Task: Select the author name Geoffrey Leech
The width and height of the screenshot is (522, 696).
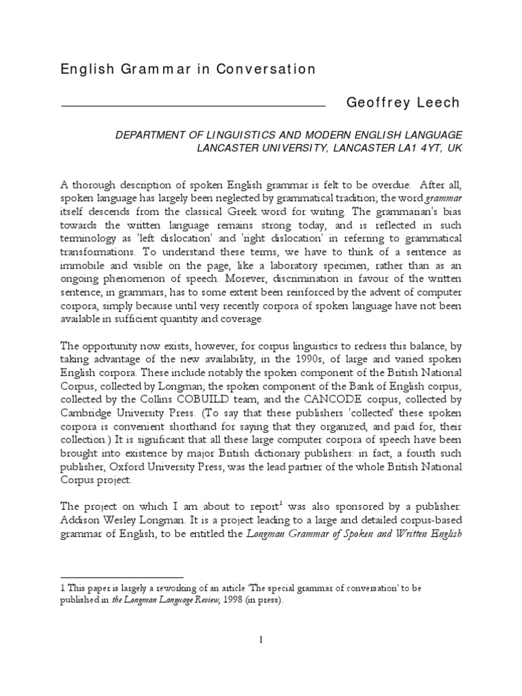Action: (403, 103)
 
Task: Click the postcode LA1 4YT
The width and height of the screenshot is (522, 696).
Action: (417, 147)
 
